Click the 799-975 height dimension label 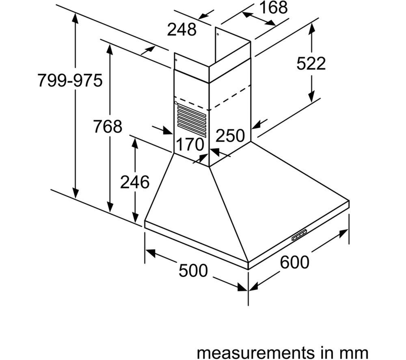[x=70, y=80]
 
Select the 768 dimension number [x=108, y=126]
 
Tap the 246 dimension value [x=135, y=182]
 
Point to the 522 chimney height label [x=311, y=63]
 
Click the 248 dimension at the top [x=182, y=29]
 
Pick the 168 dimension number [x=273, y=7]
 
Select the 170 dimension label [x=190, y=144]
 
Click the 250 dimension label [x=230, y=136]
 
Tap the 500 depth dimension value [x=193, y=270]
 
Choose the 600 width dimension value [x=295, y=262]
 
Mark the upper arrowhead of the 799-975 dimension [x=75, y=17]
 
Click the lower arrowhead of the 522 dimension [x=312, y=96]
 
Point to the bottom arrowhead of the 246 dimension [x=135, y=217]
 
